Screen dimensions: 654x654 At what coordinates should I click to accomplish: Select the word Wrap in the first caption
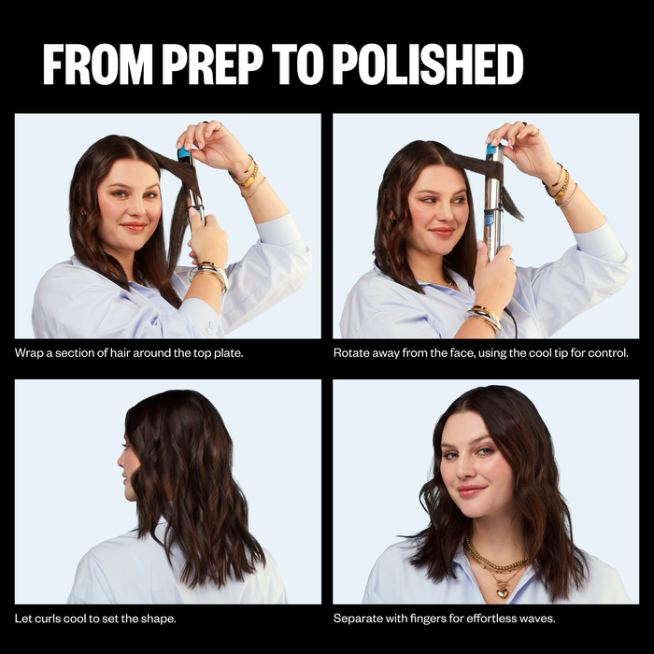29,353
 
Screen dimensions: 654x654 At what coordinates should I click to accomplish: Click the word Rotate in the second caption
352,353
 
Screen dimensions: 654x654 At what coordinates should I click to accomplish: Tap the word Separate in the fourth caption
359,618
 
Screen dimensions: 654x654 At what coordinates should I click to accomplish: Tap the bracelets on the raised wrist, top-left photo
249,175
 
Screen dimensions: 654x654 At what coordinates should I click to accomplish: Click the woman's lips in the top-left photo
134,226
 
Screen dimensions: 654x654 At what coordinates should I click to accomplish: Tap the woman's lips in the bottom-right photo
472,490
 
